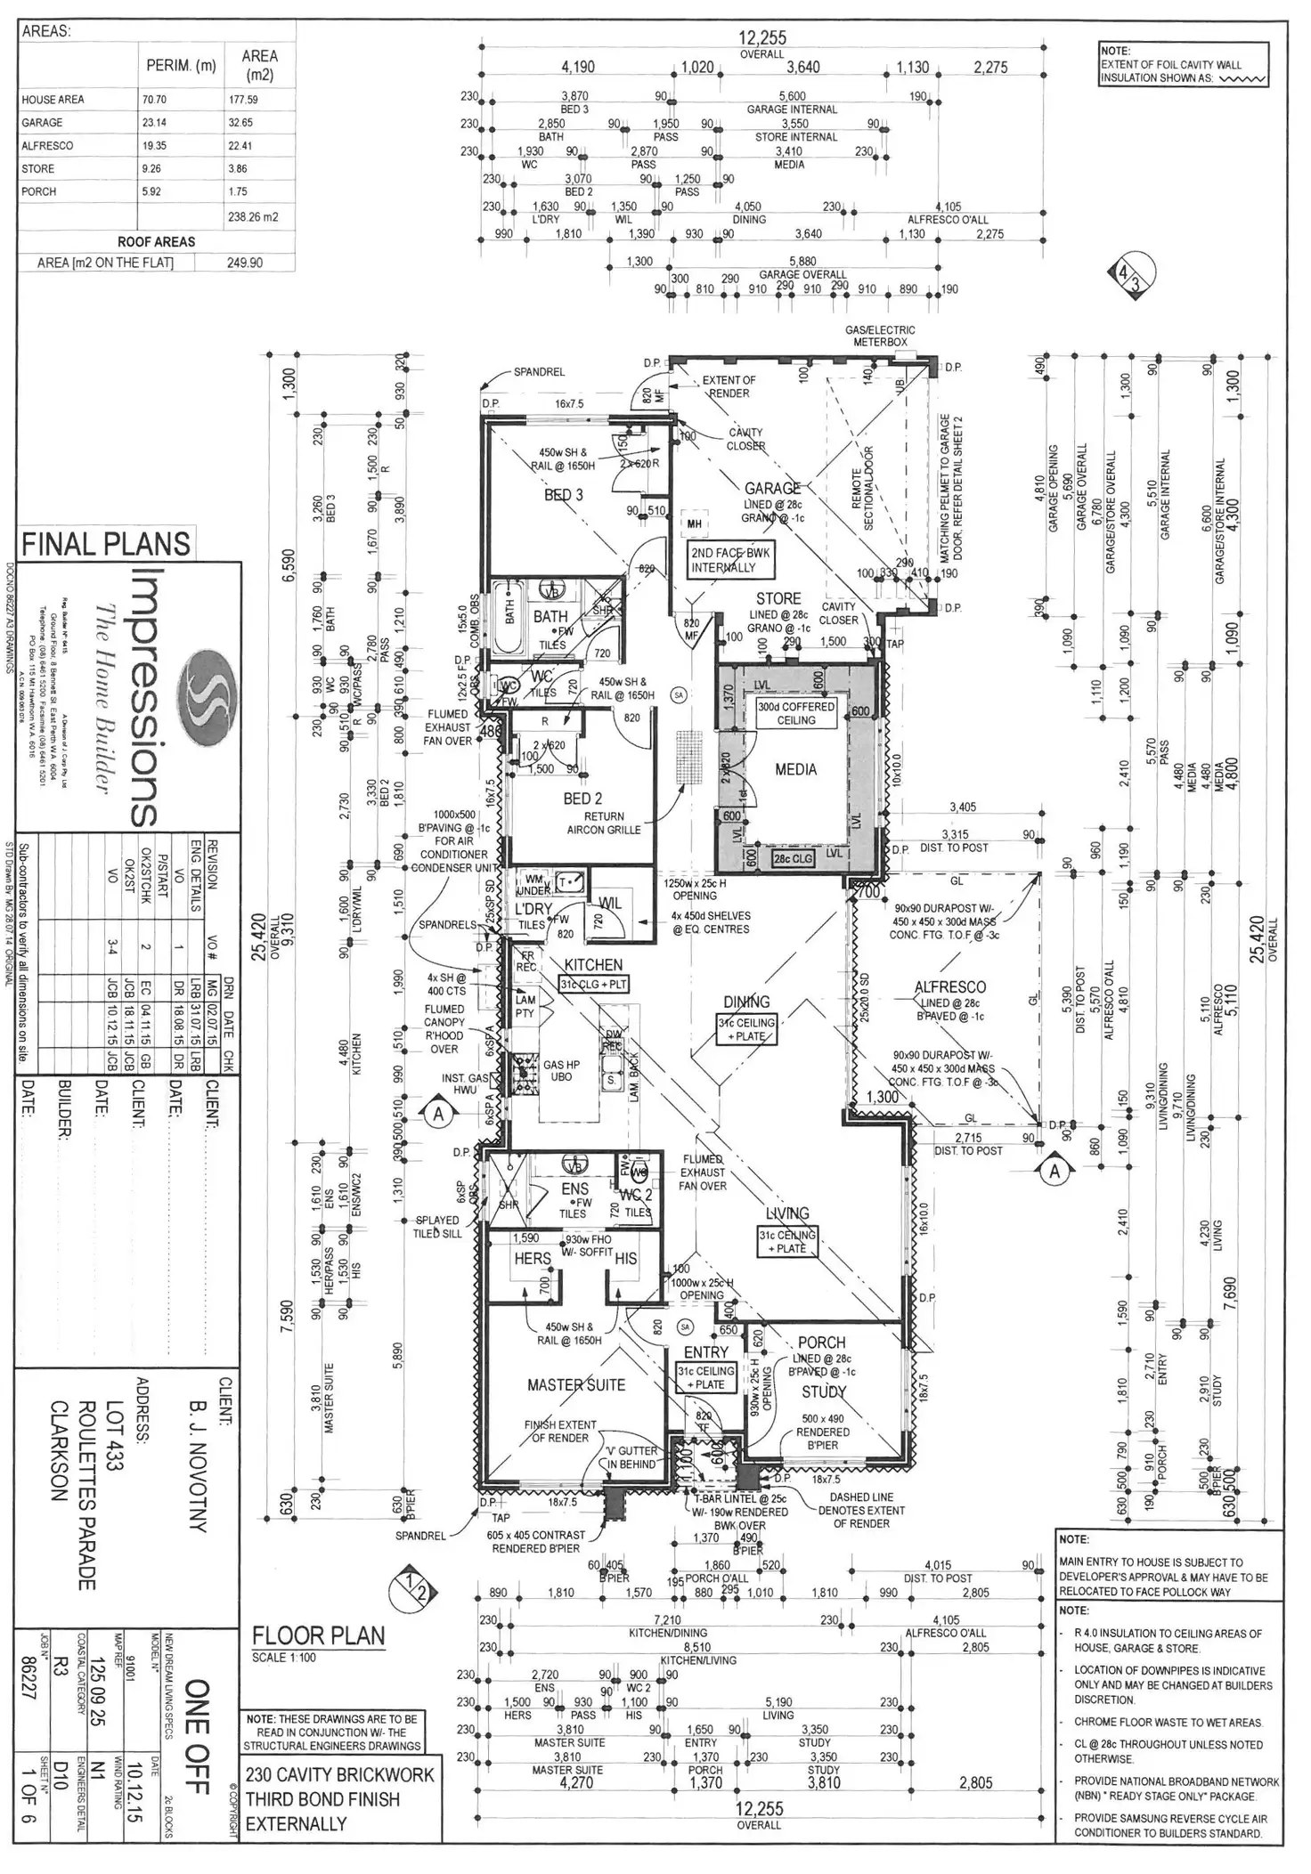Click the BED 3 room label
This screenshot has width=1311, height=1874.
(564, 495)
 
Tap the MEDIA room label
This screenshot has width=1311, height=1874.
(795, 769)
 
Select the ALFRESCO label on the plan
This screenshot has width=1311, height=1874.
(950, 986)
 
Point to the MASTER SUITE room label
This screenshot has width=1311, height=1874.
(576, 1384)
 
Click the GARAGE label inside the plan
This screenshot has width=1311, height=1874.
(772, 488)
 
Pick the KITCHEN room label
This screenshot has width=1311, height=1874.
(593, 964)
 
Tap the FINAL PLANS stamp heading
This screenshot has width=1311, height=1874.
(106, 544)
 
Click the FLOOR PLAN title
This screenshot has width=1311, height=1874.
(318, 1635)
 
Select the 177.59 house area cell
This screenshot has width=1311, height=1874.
(242, 100)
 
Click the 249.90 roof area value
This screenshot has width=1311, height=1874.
(245, 264)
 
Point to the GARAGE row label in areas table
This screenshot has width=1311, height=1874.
(42, 123)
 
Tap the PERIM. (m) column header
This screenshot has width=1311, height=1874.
(181, 66)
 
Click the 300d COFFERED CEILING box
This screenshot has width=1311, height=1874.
(796, 713)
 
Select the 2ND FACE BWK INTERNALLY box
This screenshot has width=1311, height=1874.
(730, 559)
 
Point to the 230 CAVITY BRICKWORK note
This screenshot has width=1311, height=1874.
(341, 1774)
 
